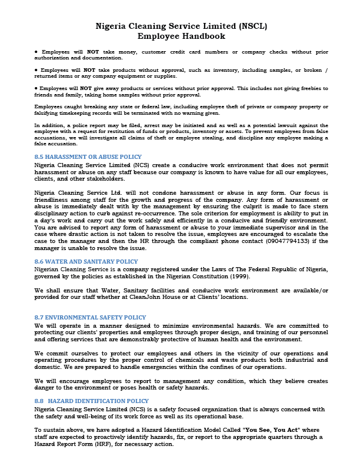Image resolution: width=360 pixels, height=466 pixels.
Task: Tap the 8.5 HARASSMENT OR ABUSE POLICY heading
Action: [88, 157]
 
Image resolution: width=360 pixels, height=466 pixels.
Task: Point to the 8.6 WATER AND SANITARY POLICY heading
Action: [86, 261]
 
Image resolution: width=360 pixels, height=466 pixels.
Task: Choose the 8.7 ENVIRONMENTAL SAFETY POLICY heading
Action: [91, 317]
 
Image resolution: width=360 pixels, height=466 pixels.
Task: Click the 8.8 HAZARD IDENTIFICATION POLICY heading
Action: [92, 401]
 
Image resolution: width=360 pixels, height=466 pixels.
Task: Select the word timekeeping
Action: [72, 112]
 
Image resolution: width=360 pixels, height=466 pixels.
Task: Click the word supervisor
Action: [269, 227]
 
